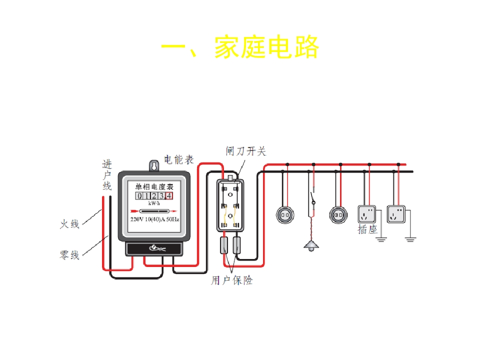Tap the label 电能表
point(179,159)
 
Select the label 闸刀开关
point(246,151)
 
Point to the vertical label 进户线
point(107,175)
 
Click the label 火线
point(69,224)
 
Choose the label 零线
point(69,254)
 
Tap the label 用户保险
point(232,280)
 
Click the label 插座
point(367,229)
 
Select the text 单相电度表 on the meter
point(154,186)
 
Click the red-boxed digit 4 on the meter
point(169,195)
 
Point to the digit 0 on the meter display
point(139,196)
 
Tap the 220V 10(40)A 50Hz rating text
point(154,219)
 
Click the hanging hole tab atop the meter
point(154,165)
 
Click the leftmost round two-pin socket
point(285,215)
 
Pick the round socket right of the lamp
point(338,215)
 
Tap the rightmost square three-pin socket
point(396,214)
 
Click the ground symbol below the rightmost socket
point(410,239)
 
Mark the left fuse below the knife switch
point(224,245)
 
